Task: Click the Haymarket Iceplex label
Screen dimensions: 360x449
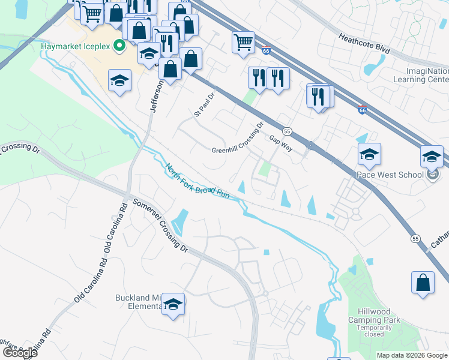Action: point(76,46)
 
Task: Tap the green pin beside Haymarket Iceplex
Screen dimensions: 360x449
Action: point(119,45)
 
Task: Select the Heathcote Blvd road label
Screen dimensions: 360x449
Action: point(364,44)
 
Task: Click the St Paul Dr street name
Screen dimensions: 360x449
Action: point(204,104)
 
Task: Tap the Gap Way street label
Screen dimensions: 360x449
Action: point(280,143)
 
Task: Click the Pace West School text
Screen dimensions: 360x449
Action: point(392,175)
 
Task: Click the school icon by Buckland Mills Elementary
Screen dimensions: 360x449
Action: point(173,304)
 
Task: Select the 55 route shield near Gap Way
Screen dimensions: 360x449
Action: point(287,131)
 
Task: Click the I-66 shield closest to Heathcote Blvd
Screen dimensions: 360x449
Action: point(265,52)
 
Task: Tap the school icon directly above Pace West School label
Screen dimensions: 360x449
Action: point(369,154)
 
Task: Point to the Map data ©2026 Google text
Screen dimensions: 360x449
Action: point(412,355)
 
